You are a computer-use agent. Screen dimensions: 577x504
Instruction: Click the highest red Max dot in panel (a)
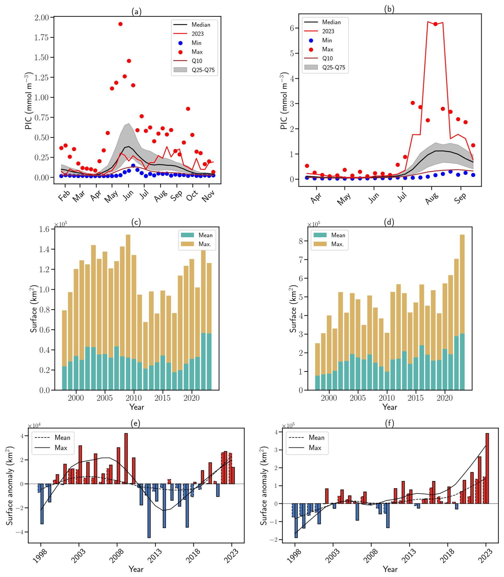click(120, 24)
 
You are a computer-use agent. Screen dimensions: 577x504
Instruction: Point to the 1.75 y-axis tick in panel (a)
click(42, 37)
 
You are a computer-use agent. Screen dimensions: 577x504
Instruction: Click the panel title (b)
click(389, 9)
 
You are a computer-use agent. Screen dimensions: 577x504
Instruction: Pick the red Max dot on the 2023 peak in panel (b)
click(435, 24)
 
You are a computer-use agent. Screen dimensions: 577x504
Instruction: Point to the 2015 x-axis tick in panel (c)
click(162, 398)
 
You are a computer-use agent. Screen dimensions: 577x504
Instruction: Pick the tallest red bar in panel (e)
click(126, 459)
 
